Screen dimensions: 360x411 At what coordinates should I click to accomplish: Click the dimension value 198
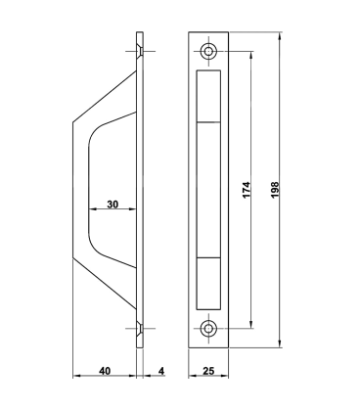[275, 190]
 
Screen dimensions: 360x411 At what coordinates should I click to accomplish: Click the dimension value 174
[247, 190]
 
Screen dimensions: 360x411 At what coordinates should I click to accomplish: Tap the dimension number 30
[112, 205]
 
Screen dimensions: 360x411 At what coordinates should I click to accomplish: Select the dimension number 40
[105, 371]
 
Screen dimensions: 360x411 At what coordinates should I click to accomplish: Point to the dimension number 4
[161, 371]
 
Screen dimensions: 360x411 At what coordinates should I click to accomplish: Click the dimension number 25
[208, 371]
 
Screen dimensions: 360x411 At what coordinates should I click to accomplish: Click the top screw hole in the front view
[208, 51]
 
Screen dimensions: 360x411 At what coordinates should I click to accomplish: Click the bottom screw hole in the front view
[208, 329]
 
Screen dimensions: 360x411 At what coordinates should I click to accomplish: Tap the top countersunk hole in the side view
[140, 51]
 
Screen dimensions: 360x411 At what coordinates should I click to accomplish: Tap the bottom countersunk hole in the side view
[140, 329]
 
